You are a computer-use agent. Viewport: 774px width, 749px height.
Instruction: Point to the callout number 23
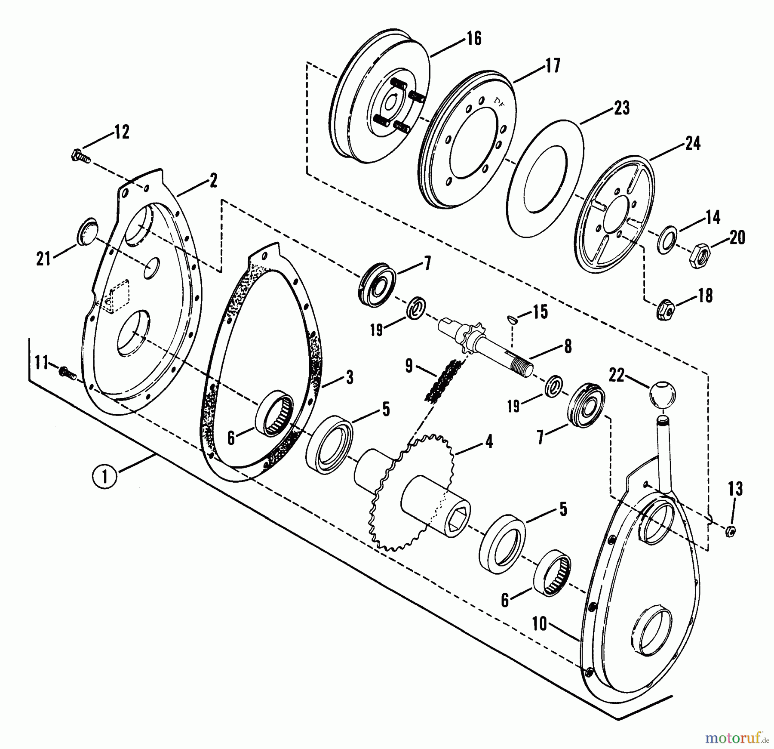[x=621, y=108]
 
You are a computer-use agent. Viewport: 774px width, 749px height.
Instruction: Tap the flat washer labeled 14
[x=667, y=239]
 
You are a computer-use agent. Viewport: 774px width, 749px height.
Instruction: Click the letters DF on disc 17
[x=499, y=102]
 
